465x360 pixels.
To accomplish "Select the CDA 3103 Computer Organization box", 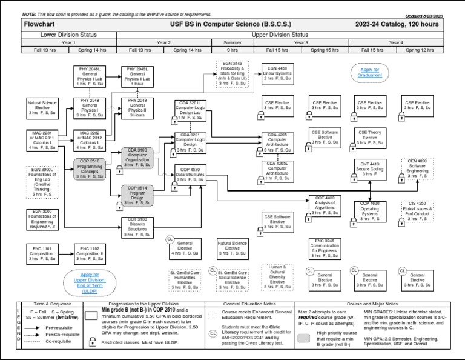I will [x=137, y=157].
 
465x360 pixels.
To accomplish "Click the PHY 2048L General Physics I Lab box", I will [x=90, y=76].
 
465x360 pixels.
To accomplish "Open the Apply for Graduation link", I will [x=369, y=73].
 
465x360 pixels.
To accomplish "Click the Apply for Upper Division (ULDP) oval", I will [x=90, y=282].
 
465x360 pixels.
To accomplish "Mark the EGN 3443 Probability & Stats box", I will [x=232, y=75].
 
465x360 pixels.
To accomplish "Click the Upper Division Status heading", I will [x=279, y=35].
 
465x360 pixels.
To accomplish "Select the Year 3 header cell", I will [x=301, y=43].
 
